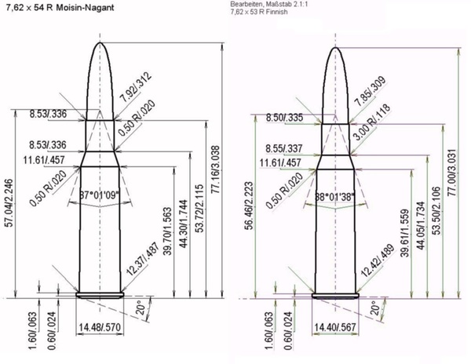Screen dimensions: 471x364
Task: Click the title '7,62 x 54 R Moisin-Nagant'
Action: (60, 8)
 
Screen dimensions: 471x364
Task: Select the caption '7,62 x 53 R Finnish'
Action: (259, 12)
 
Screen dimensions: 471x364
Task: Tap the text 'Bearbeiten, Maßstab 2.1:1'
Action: (269, 5)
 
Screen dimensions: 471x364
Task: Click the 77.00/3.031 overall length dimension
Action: (452, 173)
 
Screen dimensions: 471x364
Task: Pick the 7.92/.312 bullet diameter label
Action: (136, 87)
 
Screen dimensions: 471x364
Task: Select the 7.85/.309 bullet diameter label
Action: (370, 91)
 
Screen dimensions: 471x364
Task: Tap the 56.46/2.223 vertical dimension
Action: (250, 206)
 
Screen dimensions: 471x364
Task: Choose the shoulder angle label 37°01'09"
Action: (100, 195)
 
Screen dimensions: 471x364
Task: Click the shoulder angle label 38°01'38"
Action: (334, 197)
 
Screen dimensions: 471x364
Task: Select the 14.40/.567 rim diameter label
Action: (335, 327)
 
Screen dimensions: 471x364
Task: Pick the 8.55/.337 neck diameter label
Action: (284, 148)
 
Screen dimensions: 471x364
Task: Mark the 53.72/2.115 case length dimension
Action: (199, 208)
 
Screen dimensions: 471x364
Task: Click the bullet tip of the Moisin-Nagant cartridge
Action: (100, 43)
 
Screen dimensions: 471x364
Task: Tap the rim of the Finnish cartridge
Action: (335, 296)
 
